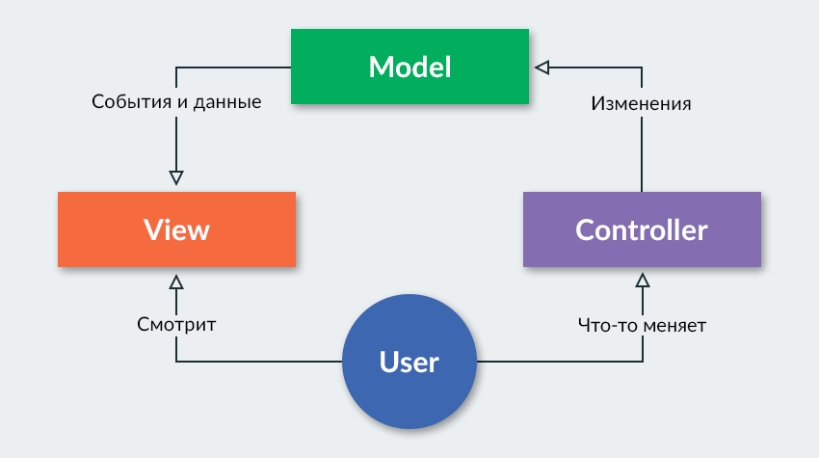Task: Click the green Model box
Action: click(x=409, y=66)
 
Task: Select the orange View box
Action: click(x=176, y=229)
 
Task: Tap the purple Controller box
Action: click(x=642, y=229)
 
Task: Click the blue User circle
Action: click(x=409, y=363)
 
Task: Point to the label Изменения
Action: click(x=641, y=103)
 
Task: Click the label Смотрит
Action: click(x=176, y=326)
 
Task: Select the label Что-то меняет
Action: click(x=642, y=326)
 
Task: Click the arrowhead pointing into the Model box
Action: click(x=542, y=67)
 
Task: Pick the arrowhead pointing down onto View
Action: click(x=176, y=177)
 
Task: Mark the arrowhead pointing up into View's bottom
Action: click(x=176, y=282)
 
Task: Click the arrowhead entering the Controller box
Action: click(x=643, y=281)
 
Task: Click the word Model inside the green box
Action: click(x=409, y=67)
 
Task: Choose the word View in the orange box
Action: click(x=176, y=230)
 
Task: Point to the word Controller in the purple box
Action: click(x=642, y=230)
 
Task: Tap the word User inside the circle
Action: click(x=409, y=363)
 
